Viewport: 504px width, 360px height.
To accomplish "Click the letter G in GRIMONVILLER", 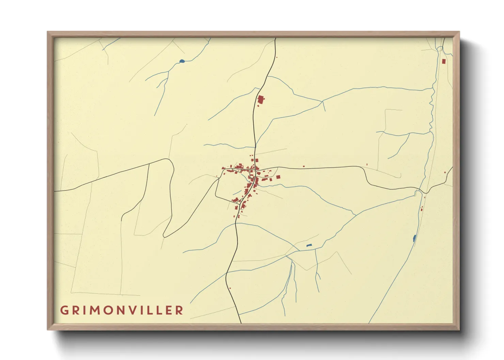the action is pyautogui.click(x=64, y=310).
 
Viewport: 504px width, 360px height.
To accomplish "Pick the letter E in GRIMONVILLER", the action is pyautogui.click(x=169, y=310).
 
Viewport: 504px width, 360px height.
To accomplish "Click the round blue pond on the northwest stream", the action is pyautogui.click(x=182, y=61).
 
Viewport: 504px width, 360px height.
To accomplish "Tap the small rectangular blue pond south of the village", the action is pyautogui.click(x=309, y=245).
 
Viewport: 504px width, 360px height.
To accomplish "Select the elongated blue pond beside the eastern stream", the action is pyautogui.click(x=414, y=238).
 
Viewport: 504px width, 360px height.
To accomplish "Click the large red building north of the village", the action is pyautogui.click(x=261, y=100).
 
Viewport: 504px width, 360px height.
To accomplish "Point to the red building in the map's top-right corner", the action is pyautogui.click(x=443, y=61).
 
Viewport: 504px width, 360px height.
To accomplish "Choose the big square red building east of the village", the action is pyautogui.click(x=278, y=177).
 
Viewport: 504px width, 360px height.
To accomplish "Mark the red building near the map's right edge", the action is pyautogui.click(x=445, y=173).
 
